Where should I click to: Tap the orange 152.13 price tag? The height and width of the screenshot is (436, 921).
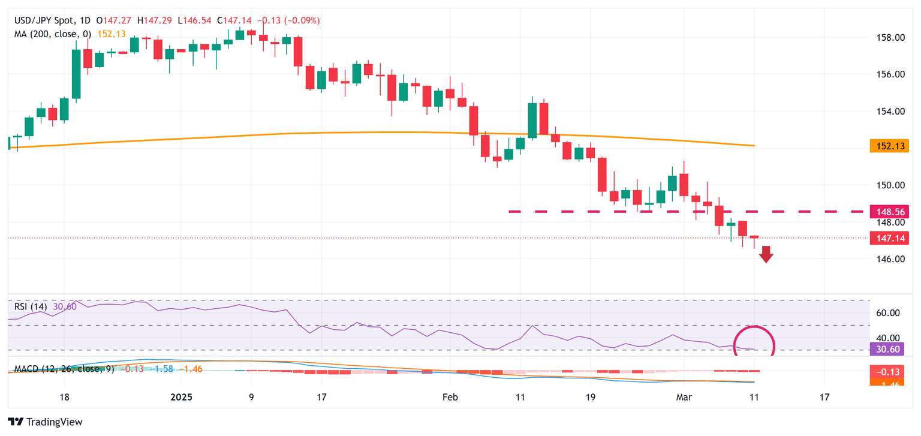pyautogui.click(x=889, y=146)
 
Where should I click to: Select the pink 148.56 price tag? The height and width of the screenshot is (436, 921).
pyautogui.click(x=889, y=212)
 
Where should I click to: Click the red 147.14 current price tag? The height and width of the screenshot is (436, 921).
pyautogui.click(x=889, y=238)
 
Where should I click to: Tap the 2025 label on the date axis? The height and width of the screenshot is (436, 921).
pyautogui.click(x=180, y=397)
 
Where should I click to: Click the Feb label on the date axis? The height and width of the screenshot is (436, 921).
pyautogui.click(x=449, y=397)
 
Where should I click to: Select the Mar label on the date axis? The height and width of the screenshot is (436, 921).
pyautogui.click(x=684, y=397)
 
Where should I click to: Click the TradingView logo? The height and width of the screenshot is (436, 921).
pyautogui.click(x=46, y=422)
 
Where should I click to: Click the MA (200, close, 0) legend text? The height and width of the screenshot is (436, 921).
pyautogui.click(x=53, y=34)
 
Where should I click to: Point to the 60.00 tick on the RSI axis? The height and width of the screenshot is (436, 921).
pyautogui.click(x=887, y=313)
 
